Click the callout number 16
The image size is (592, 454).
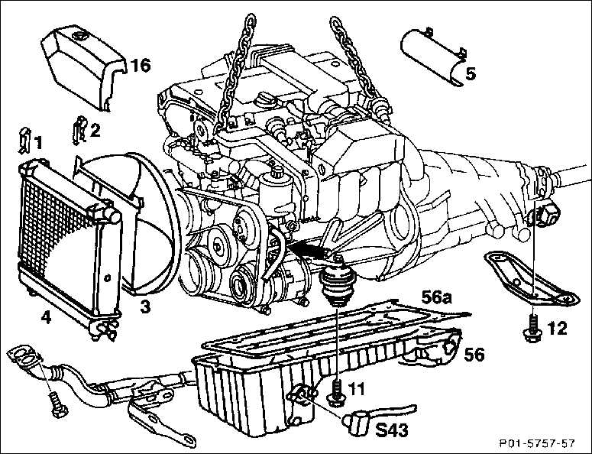(x=140, y=65)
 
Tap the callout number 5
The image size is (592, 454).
(x=471, y=73)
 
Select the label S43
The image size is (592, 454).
(x=392, y=430)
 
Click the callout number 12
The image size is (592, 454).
(x=558, y=328)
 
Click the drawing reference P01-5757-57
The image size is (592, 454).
(x=536, y=443)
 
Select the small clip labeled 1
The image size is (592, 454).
(x=25, y=141)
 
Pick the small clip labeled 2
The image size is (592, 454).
(x=79, y=130)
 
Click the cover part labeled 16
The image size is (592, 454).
(x=83, y=67)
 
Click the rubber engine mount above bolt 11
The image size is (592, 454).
(x=337, y=281)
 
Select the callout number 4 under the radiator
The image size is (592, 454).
(x=46, y=318)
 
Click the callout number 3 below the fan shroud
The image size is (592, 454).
(x=145, y=306)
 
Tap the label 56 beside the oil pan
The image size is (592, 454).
(x=474, y=355)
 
